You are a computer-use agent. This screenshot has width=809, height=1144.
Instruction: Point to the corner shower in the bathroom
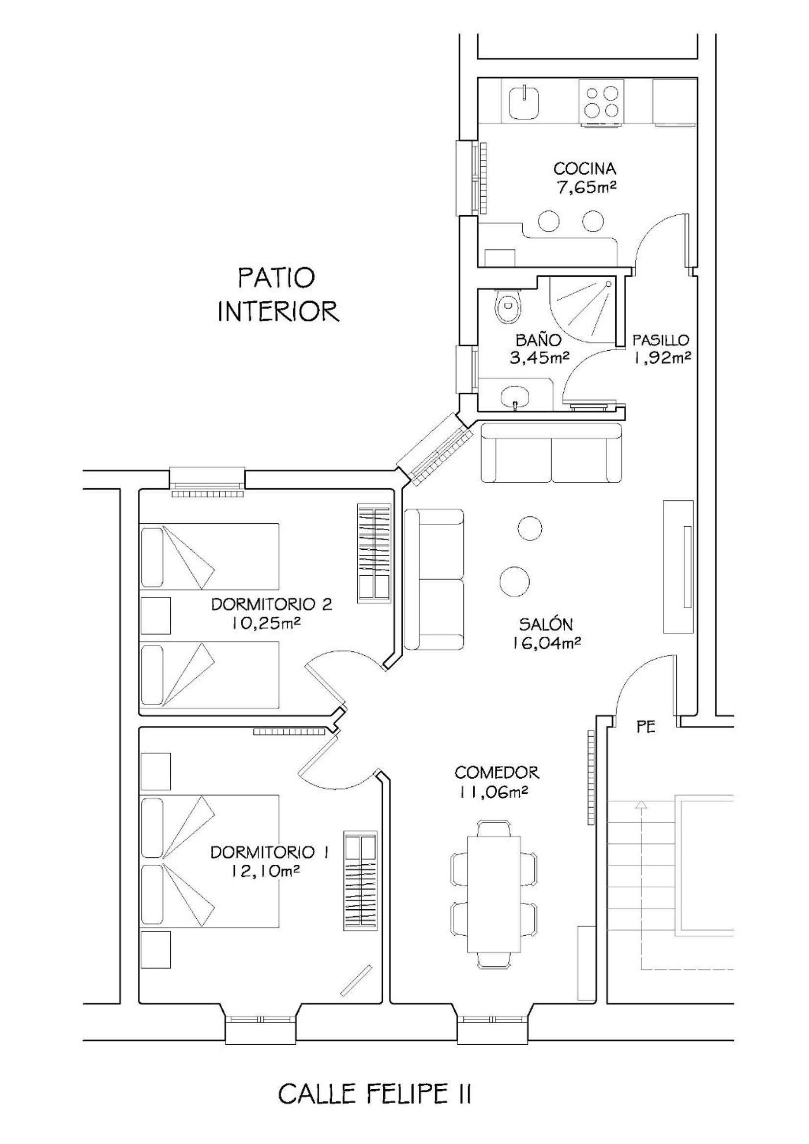583,309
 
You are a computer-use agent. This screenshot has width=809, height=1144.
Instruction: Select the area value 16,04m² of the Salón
545,643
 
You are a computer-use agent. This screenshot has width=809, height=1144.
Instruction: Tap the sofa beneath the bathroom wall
551,453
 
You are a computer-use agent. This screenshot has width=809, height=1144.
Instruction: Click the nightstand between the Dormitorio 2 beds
156,616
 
